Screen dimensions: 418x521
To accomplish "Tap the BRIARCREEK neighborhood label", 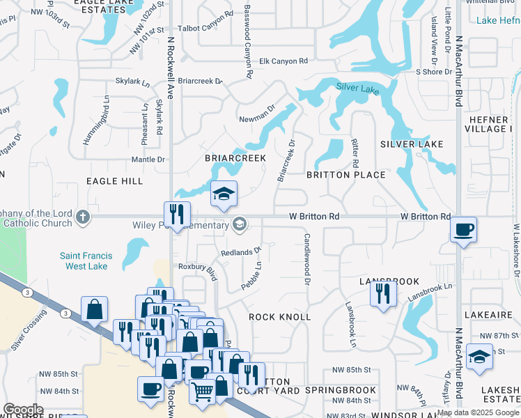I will tap(235, 158).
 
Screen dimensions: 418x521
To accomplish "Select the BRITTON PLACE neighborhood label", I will tap(346, 175).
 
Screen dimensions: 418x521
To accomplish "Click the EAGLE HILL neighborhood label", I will tap(114, 181).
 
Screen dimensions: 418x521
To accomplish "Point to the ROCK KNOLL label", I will tap(279, 317).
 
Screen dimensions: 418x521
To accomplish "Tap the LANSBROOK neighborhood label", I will tap(389, 281).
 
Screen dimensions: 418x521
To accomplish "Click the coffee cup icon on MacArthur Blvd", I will tap(463, 230).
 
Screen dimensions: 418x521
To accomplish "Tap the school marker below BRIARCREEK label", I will tap(224, 194).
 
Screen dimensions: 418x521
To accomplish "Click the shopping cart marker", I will tap(202, 391).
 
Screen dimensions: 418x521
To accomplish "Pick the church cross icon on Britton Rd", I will tap(83, 216).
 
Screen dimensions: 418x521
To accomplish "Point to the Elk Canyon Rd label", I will tap(283, 61).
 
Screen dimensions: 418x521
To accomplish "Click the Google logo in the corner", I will tap(23, 410).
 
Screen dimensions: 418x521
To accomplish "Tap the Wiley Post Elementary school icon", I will tap(240, 224).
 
